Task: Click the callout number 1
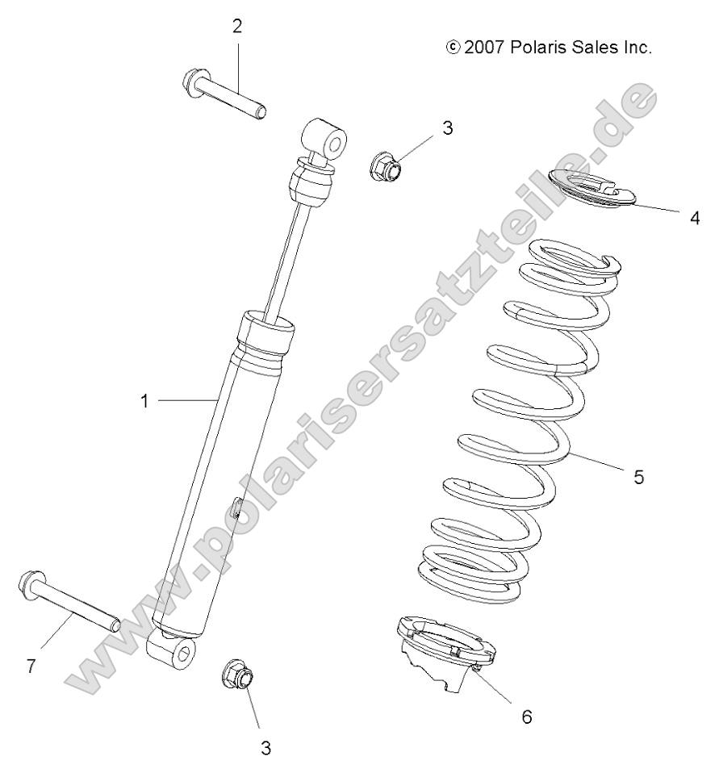146,400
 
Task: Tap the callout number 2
237,26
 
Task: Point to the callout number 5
638,477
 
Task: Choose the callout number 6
526,716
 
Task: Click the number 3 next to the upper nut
448,127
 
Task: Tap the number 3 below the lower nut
265,747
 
